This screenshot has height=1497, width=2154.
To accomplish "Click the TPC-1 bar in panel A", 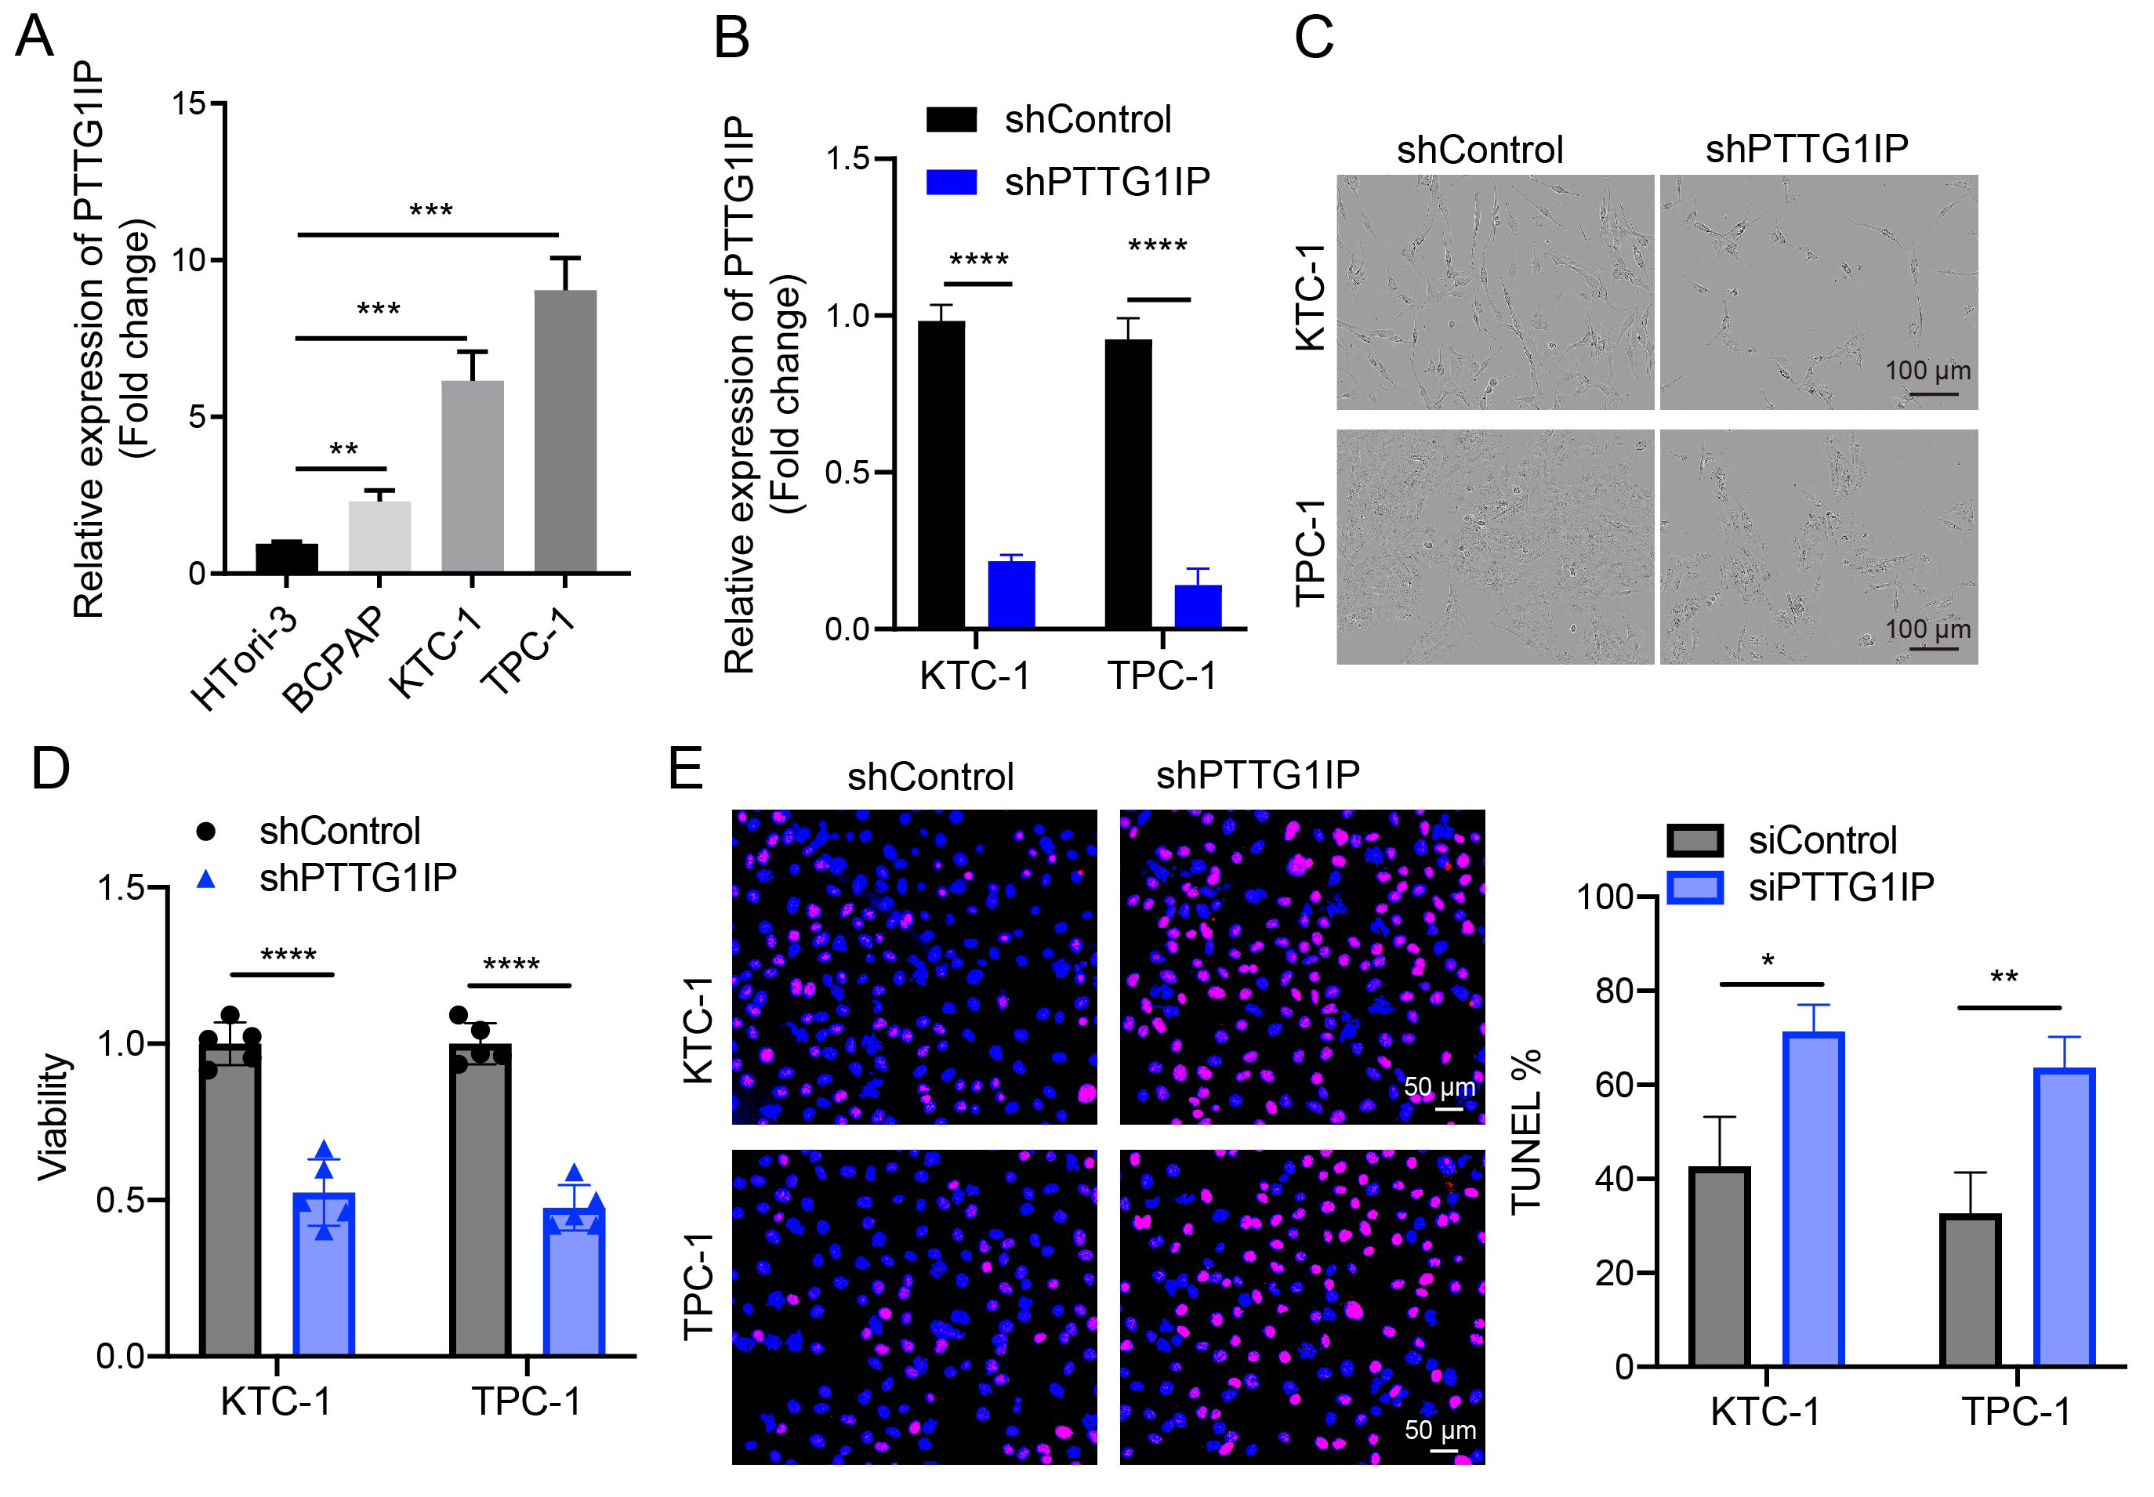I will tap(565, 432).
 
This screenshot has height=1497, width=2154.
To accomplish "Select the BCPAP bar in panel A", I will tap(379, 537).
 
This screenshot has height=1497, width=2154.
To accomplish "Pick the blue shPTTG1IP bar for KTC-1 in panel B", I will tap(1011, 595).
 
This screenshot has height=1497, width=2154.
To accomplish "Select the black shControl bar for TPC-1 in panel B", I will tap(1128, 483).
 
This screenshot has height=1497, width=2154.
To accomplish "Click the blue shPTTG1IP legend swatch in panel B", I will tap(952, 181).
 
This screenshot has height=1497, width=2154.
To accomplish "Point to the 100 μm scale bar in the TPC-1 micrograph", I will tap(1933, 648).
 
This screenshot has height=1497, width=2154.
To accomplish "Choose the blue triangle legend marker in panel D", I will tap(206, 879).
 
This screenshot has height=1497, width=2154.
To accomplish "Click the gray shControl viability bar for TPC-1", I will tap(480, 1201).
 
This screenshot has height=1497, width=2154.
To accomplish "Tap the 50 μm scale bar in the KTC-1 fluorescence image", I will tap(1449, 1109).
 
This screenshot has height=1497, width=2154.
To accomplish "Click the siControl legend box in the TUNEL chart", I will tap(1695, 840).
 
